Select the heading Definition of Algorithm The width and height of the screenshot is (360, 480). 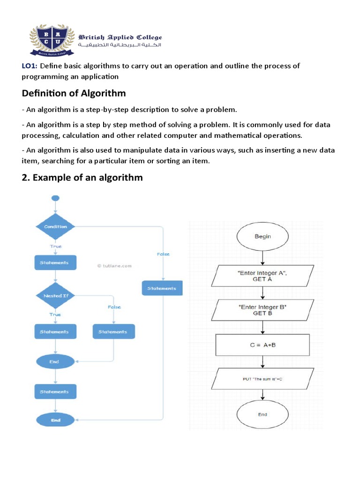[74, 93]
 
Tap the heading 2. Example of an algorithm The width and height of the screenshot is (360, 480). [82, 178]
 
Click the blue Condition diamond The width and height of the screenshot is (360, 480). [55, 227]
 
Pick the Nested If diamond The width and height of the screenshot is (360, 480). [55, 296]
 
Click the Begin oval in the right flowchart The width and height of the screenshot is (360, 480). [262, 237]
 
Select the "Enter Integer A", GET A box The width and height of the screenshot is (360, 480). [262, 275]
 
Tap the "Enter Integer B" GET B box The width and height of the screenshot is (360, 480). [262, 310]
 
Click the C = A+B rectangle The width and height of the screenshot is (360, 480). [262, 345]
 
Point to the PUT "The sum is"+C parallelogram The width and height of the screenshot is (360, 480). [262, 379]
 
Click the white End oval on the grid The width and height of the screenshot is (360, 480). [262, 414]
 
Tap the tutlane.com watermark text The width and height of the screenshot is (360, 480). [114, 266]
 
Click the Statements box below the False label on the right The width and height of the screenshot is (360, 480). [162, 288]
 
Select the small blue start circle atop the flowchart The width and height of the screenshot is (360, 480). [55, 198]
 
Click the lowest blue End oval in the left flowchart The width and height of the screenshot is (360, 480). [55, 420]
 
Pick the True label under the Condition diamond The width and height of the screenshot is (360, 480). [55, 246]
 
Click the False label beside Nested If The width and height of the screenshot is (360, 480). [114, 307]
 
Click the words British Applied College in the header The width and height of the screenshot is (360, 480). [120, 37]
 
